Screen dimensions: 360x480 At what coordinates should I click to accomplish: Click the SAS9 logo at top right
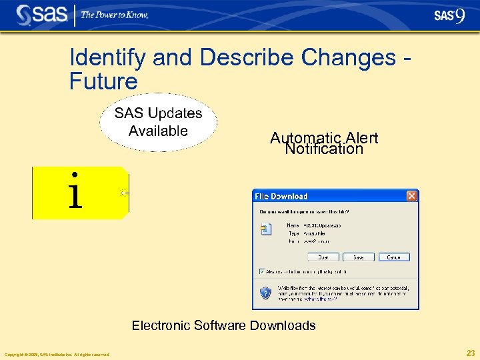tap(449, 16)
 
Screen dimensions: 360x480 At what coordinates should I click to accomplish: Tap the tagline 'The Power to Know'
tap(115, 15)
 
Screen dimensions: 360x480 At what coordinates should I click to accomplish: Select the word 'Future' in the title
tap(103, 81)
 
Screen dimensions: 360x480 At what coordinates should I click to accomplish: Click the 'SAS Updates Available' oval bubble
tap(158, 122)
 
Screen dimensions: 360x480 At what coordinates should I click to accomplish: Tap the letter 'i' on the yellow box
tap(75, 191)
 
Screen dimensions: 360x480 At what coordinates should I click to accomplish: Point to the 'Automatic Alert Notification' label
tap(324, 143)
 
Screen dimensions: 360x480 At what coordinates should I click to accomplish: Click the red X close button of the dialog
tap(411, 196)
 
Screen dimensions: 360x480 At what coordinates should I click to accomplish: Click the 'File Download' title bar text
tap(281, 197)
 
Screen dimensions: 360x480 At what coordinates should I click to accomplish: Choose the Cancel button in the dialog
tap(393, 257)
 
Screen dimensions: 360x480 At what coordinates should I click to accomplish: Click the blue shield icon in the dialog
tap(265, 292)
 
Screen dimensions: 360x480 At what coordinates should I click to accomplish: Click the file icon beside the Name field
tap(266, 229)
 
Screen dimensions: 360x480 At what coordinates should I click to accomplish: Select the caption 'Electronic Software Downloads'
tap(223, 325)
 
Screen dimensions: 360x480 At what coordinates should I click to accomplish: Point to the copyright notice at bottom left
tap(57, 354)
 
